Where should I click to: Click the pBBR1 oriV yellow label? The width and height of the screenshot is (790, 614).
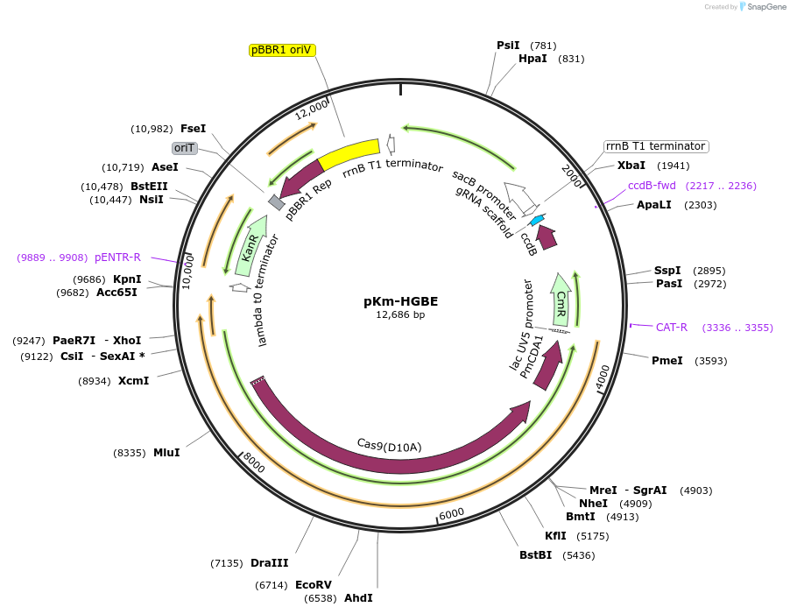click(282, 50)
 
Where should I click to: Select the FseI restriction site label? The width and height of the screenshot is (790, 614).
click(193, 129)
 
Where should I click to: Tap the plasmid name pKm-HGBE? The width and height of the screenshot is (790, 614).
click(400, 300)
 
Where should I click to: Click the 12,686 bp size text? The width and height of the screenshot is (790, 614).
click(400, 314)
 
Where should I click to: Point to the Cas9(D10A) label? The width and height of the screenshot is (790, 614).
click(389, 445)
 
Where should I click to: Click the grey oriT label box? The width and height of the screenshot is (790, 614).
click(185, 148)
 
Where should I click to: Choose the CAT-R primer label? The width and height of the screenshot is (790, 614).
click(671, 328)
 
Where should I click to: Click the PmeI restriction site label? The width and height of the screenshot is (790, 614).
click(667, 361)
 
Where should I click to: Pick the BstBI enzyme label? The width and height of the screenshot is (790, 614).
click(535, 555)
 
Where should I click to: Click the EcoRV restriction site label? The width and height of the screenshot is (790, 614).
click(313, 584)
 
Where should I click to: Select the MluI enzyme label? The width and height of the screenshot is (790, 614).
click(166, 453)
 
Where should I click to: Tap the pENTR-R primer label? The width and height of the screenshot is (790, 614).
click(117, 258)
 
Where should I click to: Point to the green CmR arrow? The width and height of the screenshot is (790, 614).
click(561, 299)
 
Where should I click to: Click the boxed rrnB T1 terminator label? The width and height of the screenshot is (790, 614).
click(655, 146)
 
